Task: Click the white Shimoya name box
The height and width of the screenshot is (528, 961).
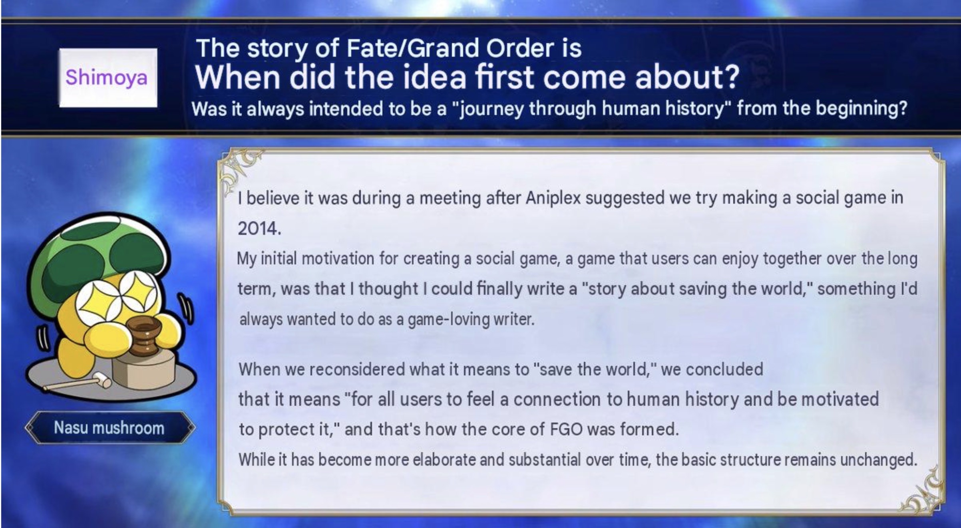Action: click(x=108, y=77)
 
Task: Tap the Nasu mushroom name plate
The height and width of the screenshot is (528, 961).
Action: click(x=109, y=428)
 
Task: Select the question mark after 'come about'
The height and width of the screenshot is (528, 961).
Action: click(x=730, y=77)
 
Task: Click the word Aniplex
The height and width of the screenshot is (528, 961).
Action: click(x=553, y=198)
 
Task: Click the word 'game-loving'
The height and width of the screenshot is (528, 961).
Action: click(x=447, y=320)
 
